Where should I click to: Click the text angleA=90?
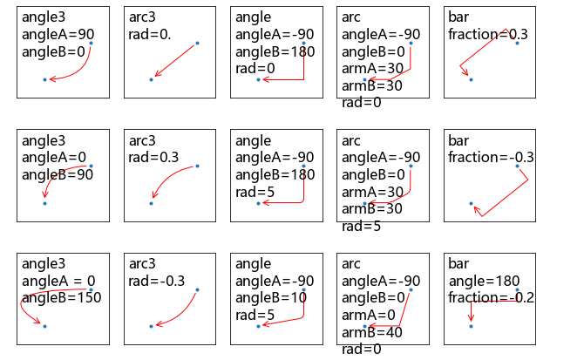[58, 34]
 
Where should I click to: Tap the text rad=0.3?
[153, 157]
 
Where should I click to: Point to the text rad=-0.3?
[157, 281]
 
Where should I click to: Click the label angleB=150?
[61, 297]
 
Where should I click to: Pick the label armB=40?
[371, 332]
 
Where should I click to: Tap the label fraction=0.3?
[488, 34]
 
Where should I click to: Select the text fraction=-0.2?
[492, 297]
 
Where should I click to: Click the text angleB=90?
[58, 173]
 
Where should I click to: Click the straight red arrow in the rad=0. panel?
[174, 61]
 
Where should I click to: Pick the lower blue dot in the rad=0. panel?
[151, 79]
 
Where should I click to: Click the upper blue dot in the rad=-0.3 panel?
[197, 289]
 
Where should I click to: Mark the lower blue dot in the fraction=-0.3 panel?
[471, 203]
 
